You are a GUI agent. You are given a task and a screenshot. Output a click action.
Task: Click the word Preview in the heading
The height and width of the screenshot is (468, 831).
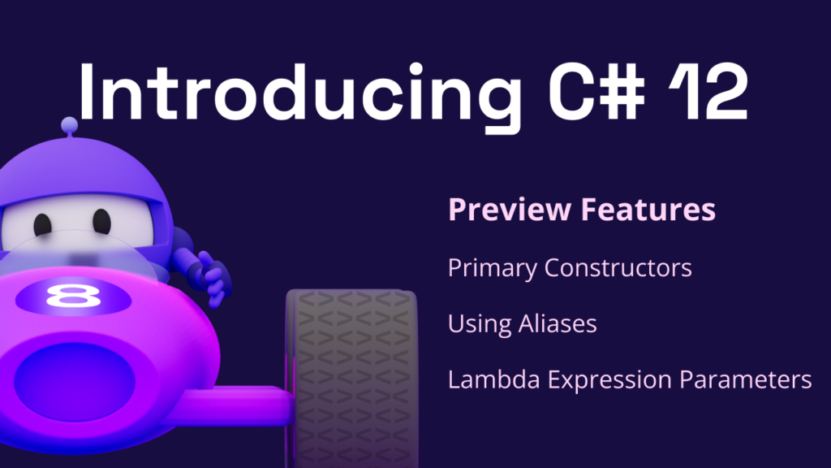510,209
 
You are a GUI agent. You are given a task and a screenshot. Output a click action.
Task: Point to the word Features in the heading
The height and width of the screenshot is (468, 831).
648,209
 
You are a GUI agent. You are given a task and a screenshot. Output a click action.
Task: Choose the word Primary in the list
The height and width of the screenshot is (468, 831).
493,268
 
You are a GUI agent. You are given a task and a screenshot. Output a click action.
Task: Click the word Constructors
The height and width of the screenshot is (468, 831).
618,267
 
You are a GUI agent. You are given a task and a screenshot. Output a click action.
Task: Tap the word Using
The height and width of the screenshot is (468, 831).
479,324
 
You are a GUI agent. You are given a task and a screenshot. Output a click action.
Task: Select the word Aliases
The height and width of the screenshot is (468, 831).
557,323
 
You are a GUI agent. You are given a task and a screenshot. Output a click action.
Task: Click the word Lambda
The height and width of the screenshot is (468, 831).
493,379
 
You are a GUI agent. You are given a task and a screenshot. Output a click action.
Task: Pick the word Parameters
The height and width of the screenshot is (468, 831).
745,379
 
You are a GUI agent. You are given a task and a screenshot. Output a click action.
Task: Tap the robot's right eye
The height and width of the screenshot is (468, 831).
101,221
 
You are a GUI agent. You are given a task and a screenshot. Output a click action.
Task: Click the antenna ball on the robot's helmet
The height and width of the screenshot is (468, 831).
70,125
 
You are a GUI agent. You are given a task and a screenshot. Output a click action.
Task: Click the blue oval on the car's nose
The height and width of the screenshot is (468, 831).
74,382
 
